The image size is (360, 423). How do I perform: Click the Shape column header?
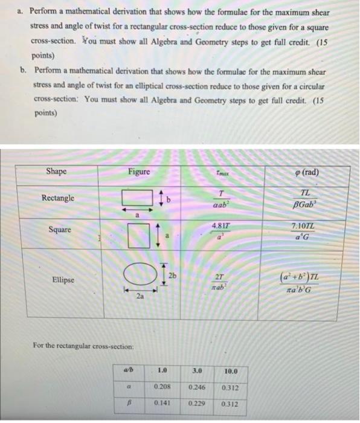click(56, 172)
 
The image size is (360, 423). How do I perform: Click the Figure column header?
click(140, 172)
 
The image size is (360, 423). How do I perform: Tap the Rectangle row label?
click(58, 198)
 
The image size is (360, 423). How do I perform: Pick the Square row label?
click(59, 230)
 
